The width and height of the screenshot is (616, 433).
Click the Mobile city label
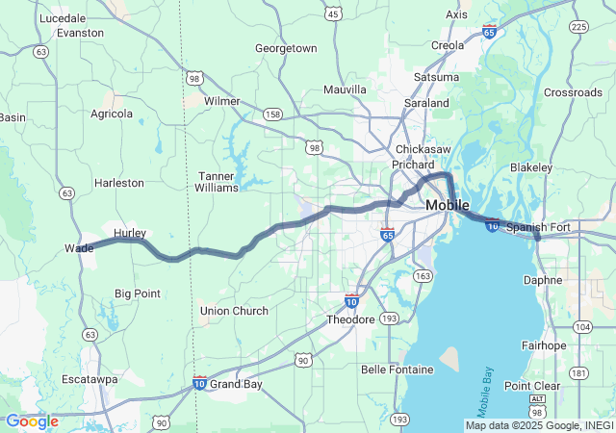click(x=447, y=205)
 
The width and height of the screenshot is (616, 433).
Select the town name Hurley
click(x=130, y=234)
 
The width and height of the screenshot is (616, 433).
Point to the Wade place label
click(x=79, y=247)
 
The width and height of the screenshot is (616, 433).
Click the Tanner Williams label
click(x=217, y=182)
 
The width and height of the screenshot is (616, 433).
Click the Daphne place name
click(x=543, y=280)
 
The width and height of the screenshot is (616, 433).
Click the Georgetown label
click(x=286, y=47)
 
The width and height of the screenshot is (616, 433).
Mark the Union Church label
click(x=234, y=311)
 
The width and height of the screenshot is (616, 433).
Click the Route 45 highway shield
click(x=333, y=13)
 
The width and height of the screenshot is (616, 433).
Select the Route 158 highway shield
click(x=273, y=115)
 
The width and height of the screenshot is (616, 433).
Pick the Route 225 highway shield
click(x=578, y=26)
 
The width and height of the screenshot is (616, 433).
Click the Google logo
click(x=32, y=420)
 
